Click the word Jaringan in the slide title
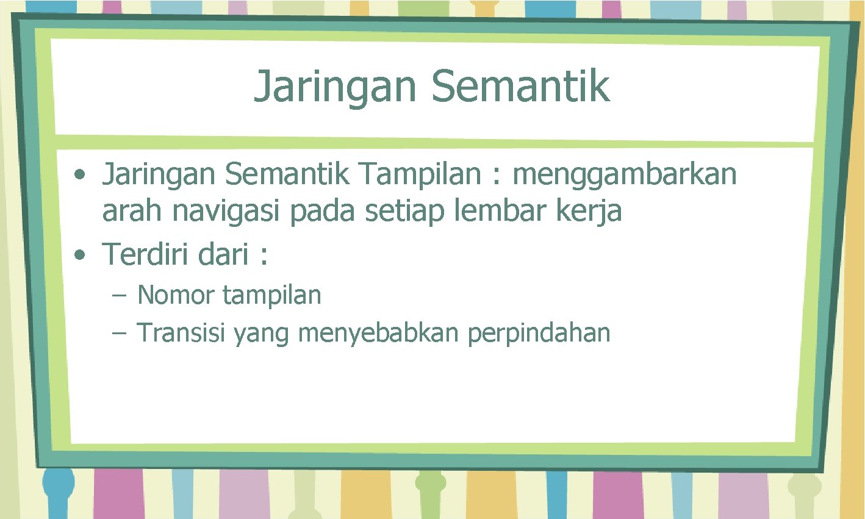335,87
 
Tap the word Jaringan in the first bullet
159,175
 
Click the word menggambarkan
624,175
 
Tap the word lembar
483,211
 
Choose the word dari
223,254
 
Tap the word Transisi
181,333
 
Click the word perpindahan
539,334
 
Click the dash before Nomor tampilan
118,296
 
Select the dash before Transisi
118,334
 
